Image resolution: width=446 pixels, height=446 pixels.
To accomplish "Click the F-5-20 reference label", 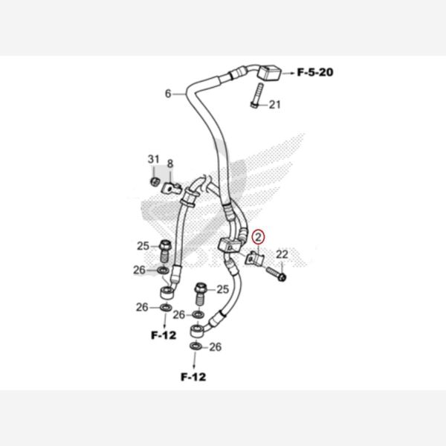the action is [x=315, y=72].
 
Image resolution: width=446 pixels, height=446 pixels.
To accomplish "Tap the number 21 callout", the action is [x=275, y=105].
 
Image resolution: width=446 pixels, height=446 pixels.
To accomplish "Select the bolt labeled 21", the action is [x=257, y=95].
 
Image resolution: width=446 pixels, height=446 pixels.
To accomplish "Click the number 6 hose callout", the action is [x=168, y=94].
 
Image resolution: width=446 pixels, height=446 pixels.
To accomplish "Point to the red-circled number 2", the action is [x=259, y=237].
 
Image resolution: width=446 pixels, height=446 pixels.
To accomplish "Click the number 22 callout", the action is [x=282, y=254].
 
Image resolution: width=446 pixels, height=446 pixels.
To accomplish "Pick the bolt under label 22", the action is [x=277, y=274].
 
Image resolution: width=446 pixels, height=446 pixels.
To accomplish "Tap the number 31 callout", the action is [x=154, y=159].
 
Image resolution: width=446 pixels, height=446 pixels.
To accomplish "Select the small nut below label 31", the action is [x=154, y=181].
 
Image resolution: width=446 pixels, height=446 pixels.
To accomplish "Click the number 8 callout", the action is [x=169, y=164].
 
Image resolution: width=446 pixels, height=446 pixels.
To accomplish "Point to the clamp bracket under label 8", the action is [x=172, y=188].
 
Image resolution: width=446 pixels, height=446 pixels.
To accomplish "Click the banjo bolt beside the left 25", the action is [x=165, y=251].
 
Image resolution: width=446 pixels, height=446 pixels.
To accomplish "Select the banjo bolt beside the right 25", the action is [x=201, y=294].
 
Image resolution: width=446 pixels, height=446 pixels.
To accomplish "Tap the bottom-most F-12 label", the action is [x=193, y=377].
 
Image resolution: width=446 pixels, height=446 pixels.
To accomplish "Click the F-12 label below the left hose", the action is [x=164, y=335].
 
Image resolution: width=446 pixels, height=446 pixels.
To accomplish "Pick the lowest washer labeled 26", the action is [x=195, y=346].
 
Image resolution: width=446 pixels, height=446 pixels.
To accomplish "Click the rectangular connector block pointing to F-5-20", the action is [x=269, y=73].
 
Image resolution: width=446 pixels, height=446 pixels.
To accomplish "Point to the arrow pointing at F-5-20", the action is [x=288, y=74].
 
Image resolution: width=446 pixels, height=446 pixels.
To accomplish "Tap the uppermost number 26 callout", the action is [x=139, y=270].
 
